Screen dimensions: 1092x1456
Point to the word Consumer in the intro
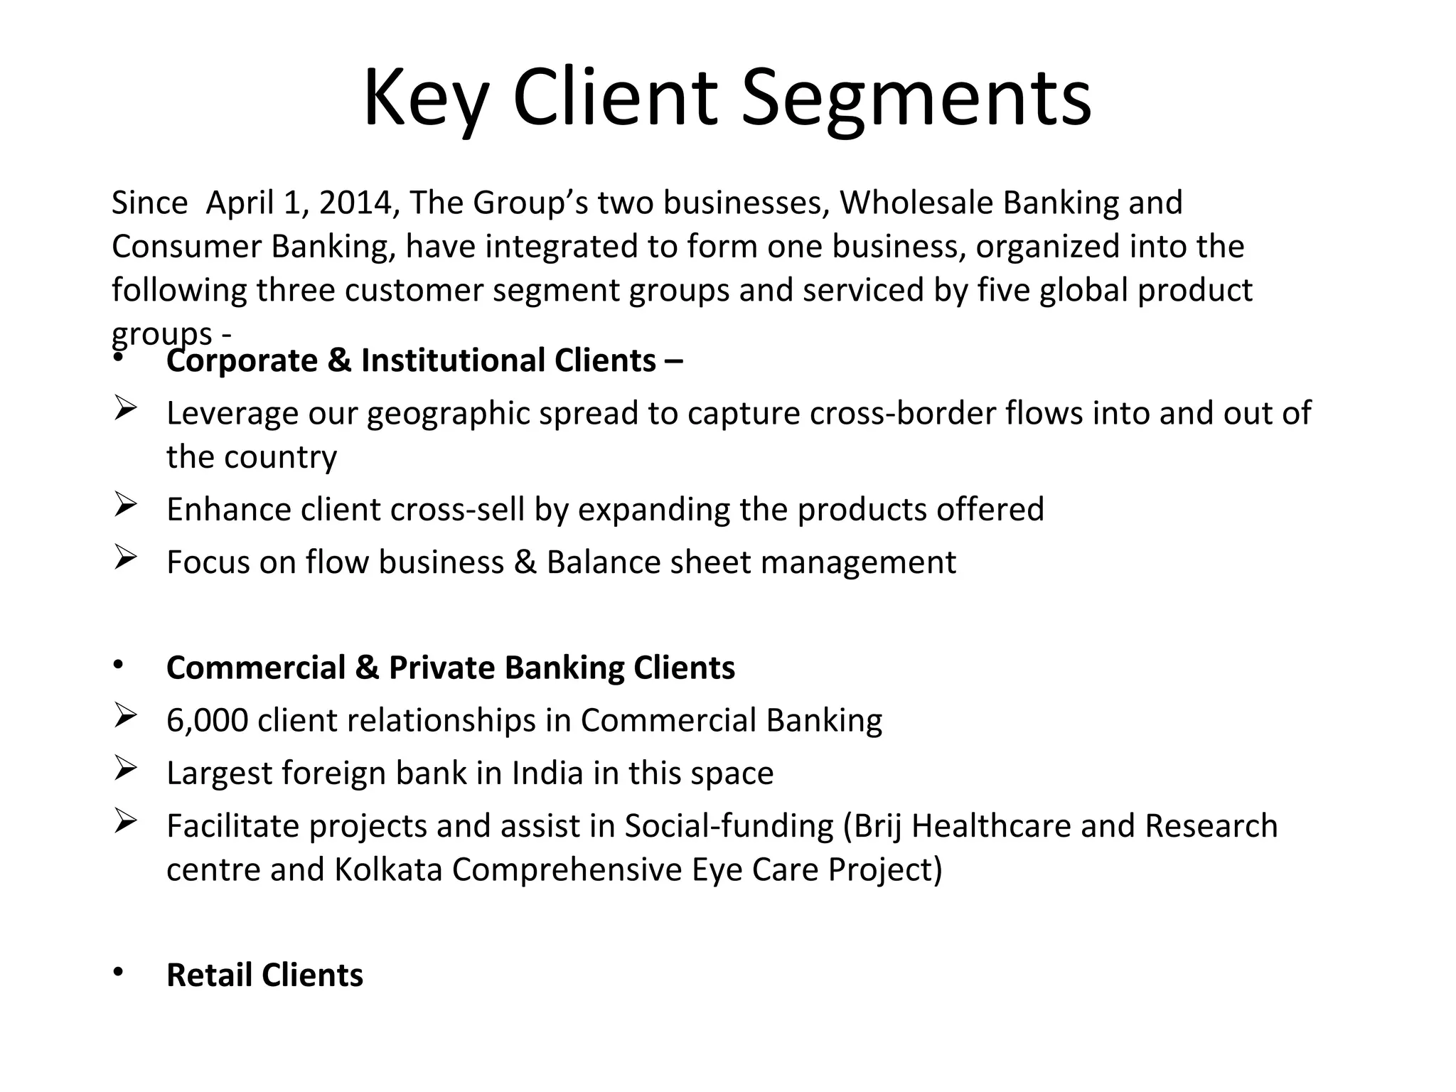pos(186,247)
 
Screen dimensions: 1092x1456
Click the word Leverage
pos(232,414)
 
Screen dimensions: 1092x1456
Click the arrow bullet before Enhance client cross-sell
pos(124,506)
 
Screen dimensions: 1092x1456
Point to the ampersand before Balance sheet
pos(525,562)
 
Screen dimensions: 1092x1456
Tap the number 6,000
pos(207,721)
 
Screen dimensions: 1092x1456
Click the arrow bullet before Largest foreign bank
pos(124,769)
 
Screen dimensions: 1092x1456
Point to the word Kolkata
pos(388,869)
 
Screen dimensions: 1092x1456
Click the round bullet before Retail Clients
pos(118,971)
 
